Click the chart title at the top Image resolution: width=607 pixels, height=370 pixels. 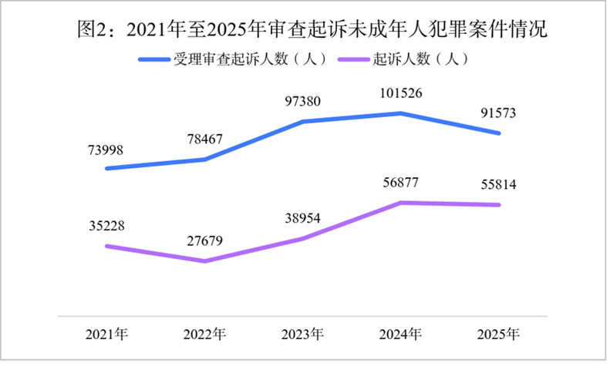point(312,29)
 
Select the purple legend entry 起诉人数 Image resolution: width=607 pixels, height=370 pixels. point(403,59)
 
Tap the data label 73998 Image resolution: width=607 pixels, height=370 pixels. point(106,150)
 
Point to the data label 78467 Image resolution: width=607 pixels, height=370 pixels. point(205,139)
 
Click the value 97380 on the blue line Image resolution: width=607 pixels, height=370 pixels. point(302,102)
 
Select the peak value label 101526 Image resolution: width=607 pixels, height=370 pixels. point(400,93)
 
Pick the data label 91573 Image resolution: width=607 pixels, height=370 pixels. point(498,113)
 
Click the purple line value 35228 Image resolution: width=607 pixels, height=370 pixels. point(107,226)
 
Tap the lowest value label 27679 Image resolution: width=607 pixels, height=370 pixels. point(205,240)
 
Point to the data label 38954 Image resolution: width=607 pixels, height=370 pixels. point(302,218)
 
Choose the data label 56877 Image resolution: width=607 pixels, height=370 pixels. point(400,182)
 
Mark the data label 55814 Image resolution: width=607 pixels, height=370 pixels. point(498,184)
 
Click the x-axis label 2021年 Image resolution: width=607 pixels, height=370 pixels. point(107,335)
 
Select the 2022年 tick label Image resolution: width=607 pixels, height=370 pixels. point(205,335)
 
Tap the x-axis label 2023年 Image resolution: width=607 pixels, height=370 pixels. point(302,335)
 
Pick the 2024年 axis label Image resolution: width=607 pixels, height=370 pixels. point(400,335)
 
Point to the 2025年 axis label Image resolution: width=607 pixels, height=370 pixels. point(498,335)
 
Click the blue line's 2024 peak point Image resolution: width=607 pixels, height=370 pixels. point(400,113)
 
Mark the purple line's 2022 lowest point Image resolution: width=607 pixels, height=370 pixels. point(205,261)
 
